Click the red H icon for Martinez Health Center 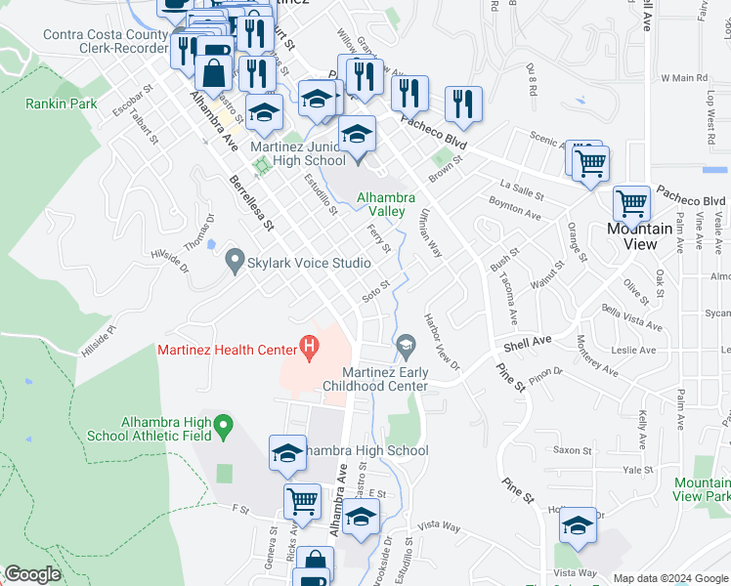click(x=310, y=347)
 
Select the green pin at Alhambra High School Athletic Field click(x=224, y=426)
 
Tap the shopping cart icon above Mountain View click(x=631, y=204)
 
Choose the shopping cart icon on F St click(x=302, y=501)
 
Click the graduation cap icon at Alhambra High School click(x=287, y=452)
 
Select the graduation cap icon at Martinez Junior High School click(x=357, y=133)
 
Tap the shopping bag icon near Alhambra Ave click(x=213, y=71)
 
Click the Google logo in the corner click(x=32, y=574)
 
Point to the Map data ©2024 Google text click(x=670, y=578)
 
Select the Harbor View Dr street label click(x=441, y=342)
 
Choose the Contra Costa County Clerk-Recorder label click(x=105, y=41)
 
